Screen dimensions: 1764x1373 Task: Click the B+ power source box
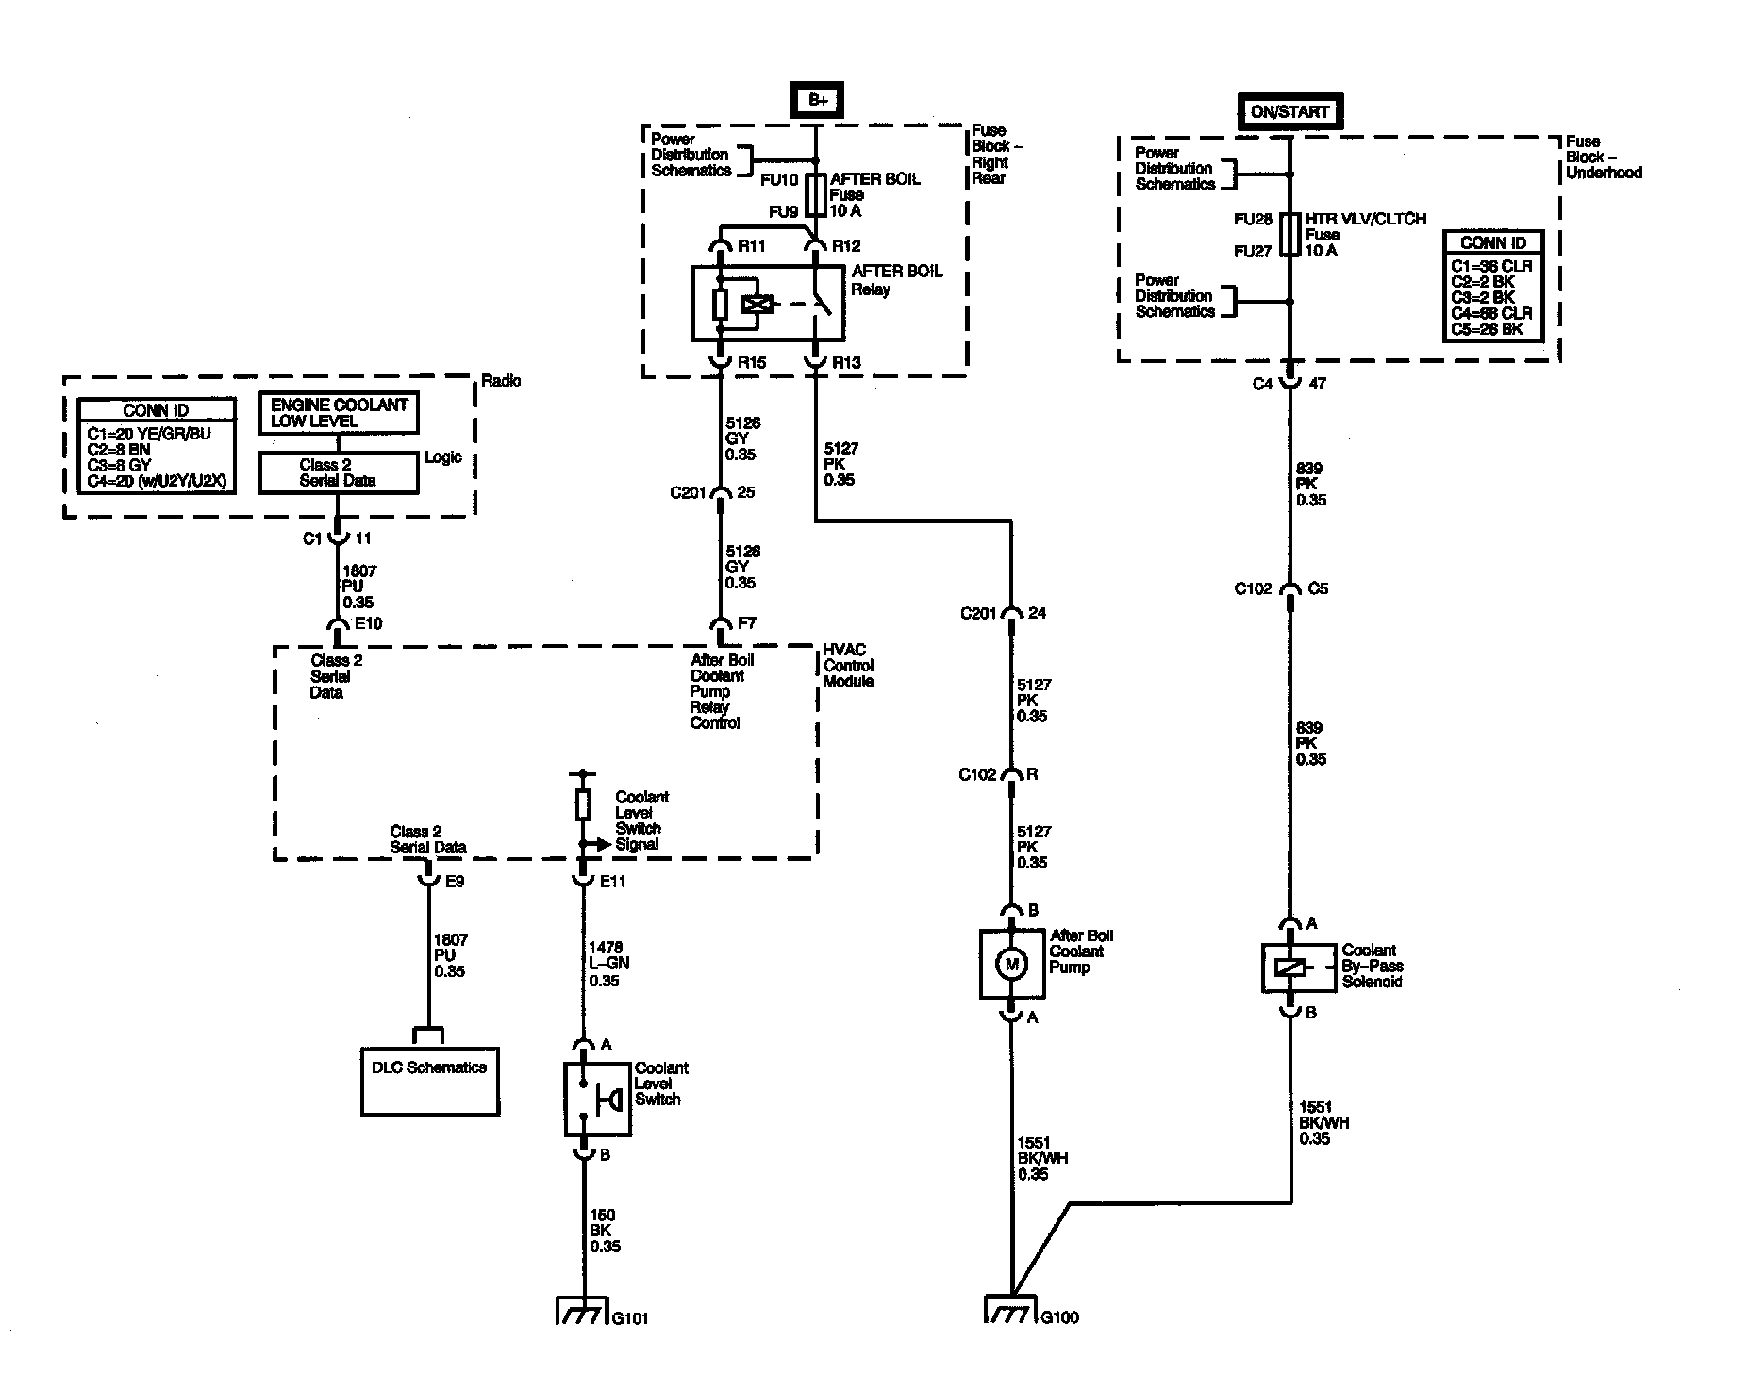(817, 101)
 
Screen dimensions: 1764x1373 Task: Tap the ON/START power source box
(1289, 111)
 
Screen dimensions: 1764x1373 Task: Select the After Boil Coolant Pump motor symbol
(1012, 964)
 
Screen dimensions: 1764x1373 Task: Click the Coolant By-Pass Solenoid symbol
(1291, 968)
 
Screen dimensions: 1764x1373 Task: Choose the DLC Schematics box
(430, 1082)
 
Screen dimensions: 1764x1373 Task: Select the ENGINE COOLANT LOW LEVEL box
(339, 413)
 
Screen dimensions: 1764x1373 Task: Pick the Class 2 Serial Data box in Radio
(339, 472)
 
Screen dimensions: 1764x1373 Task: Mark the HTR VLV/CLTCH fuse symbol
(1290, 234)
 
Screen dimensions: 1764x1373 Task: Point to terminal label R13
(846, 363)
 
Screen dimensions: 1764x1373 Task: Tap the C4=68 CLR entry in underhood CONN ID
(1491, 313)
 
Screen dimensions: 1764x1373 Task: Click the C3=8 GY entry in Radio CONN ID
(119, 465)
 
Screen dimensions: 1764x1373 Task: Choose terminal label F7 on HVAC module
(746, 623)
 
